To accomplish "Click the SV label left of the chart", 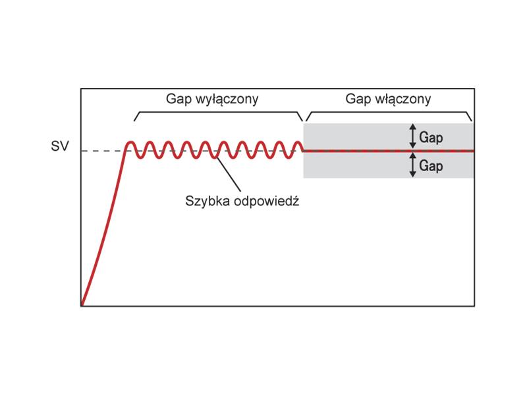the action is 60,146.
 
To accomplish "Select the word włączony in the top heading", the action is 403,99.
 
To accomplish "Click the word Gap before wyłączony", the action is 179,100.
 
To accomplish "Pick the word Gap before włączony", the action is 358,100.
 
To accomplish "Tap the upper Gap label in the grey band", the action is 431,138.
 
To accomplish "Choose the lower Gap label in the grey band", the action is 431,167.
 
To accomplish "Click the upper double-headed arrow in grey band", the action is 413,136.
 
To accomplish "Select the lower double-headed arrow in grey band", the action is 413,165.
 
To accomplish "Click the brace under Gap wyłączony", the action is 219,112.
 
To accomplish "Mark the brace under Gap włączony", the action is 389,112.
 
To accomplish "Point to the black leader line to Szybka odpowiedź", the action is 229,174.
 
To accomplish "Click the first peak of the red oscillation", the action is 130,142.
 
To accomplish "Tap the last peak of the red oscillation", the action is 298,142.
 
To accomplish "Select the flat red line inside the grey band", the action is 389,151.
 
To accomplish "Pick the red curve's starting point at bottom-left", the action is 82,305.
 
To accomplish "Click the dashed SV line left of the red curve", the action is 103,151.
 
